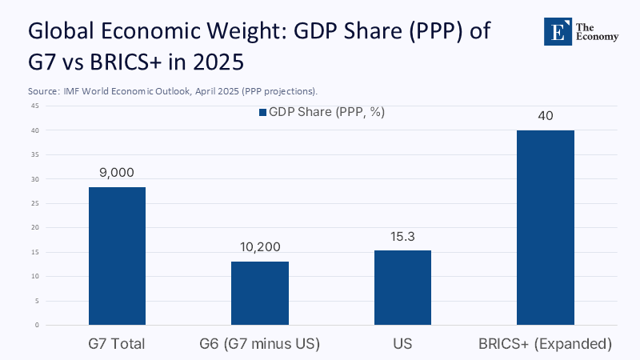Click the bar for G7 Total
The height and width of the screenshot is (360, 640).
tap(117, 256)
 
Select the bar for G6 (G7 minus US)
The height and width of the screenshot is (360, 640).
tap(260, 293)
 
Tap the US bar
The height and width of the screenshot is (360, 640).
tap(402, 287)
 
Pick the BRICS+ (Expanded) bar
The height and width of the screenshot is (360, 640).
tap(546, 227)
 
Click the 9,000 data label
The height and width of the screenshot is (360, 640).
tap(117, 173)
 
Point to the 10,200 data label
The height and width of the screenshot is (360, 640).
tap(260, 247)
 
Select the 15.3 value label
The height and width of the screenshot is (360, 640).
tap(402, 237)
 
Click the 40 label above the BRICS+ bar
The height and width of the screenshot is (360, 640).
tap(546, 116)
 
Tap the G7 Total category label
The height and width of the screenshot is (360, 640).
tap(117, 344)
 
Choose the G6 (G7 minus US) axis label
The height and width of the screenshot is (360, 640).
tap(260, 344)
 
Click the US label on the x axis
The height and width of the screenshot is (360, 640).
tap(402, 344)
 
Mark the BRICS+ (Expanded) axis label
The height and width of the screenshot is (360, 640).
tap(546, 344)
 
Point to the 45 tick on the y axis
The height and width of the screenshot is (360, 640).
tap(35, 106)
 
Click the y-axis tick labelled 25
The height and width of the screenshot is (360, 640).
tap(35, 203)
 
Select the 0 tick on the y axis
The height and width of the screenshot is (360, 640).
tap(37, 326)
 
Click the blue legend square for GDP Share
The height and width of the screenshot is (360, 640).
tap(262, 113)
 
